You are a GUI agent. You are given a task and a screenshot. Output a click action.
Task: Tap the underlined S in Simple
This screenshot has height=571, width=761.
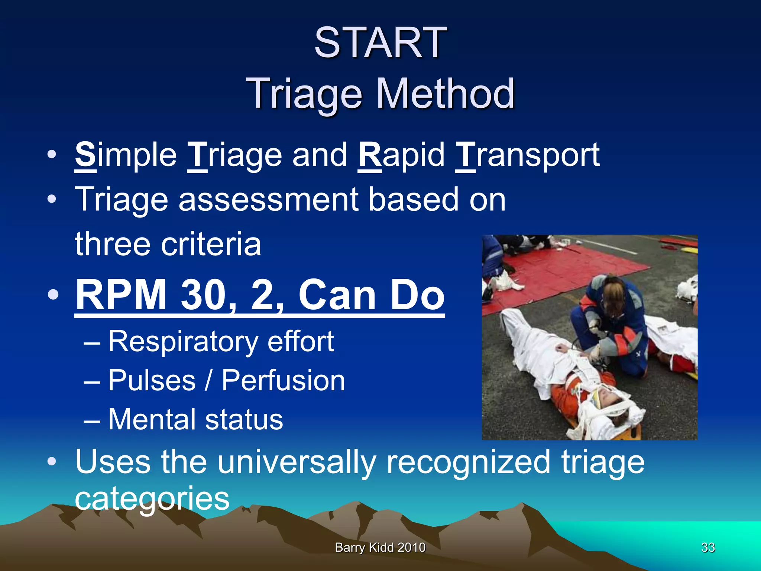pyautogui.click(x=85, y=155)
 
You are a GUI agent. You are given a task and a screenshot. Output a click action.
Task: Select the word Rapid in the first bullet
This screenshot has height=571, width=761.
pyautogui.click(x=401, y=155)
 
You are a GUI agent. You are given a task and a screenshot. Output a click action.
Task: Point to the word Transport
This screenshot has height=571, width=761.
pyautogui.click(x=527, y=155)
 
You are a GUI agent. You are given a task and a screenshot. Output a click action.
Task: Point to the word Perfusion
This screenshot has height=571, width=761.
pyautogui.click(x=283, y=381)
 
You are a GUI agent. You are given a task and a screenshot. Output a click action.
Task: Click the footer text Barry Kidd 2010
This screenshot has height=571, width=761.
pyautogui.click(x=380, y=547)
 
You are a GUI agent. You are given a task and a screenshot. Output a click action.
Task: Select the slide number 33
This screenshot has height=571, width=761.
pyautogui.click(x=708, y=547)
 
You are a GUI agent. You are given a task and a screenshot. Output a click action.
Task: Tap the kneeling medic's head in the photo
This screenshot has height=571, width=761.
pyautogui.click(x=613, y=294)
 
